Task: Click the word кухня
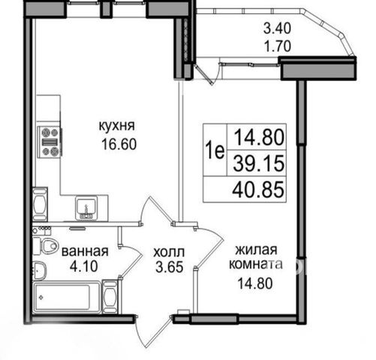[117, 126]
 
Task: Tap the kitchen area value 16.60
[119, 144]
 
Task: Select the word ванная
[85, 251]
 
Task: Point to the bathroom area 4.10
[83, 266]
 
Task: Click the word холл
[169, 252]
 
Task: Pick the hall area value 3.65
[170, 267]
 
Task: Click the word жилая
[256, 250]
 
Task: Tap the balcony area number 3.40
[277, 28]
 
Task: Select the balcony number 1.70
[278, 46]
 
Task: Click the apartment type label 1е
[215, 151]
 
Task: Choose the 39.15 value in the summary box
[259, 163]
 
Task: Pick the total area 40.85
[258, 189]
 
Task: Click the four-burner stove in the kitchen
[50, 142]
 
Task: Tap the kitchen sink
[86, 208]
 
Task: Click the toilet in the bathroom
[47, 245]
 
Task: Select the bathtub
[67, 297]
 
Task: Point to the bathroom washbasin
[39, 271]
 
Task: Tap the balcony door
[204, 73]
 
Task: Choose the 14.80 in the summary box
[260, 137]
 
